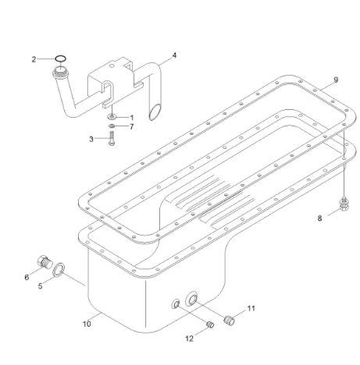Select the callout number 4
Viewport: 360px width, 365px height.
click(x=174, y=55)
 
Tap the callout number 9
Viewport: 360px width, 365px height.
click(x=335, y=80)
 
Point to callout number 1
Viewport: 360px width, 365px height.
click(x=132, y=117)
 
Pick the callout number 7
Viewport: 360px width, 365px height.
click(x=132, y=126)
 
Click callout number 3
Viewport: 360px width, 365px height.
click(x=91, y=139)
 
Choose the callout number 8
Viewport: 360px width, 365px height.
click(x=319, y=219)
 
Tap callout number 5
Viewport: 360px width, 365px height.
click(x=41, y=285)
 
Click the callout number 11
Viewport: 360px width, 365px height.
click(x=251, y=309)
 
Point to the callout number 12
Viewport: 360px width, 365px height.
click(x=190, y=338)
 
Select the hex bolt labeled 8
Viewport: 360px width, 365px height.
click(x=342, y=207)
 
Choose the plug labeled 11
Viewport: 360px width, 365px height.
click(x=230, y=320)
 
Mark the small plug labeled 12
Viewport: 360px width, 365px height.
click(x=209, y=326)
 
